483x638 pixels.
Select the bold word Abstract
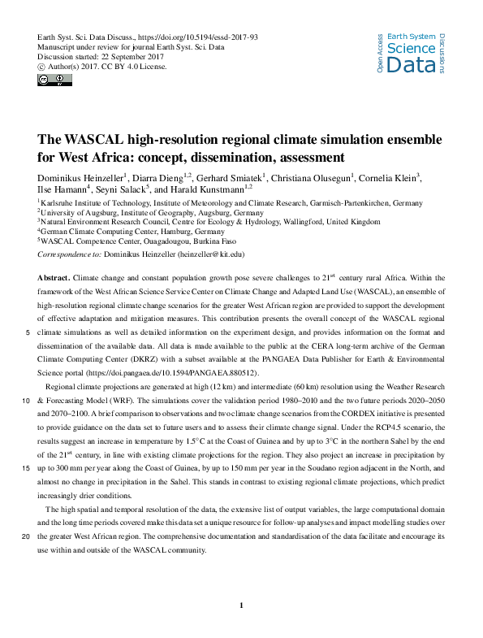tap(52, 277)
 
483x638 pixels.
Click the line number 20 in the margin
tap(27, 536)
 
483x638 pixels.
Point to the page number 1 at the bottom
tap(243, 605)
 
